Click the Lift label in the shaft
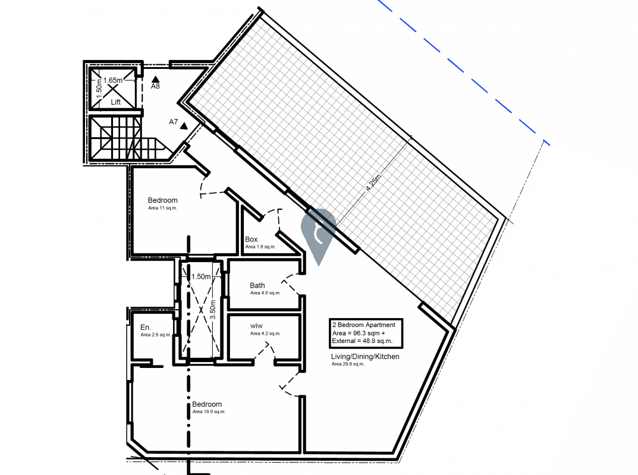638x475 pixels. (115, 102)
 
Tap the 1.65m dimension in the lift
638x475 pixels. (113, 80)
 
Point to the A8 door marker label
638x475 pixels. (155, 86)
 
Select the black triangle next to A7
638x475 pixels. (184, 126)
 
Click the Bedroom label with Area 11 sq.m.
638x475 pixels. (163, 200)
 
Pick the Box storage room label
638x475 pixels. (251, 240)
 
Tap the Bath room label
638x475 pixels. (257, 285)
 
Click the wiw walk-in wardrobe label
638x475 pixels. (256, 326)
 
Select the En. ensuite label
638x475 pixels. (146, 328)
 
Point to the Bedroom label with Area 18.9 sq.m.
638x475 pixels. (207, 404)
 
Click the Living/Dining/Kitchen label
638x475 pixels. (365, 357)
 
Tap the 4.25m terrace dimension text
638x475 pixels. (373, 183)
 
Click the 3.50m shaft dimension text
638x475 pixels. (213, 310)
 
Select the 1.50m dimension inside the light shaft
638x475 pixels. (201, 276)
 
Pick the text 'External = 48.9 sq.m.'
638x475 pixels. (362, 341)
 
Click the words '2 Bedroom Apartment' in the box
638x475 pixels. (364, 325)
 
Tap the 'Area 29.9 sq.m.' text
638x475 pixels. (348, 364)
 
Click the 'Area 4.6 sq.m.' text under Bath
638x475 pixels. (265, 293)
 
